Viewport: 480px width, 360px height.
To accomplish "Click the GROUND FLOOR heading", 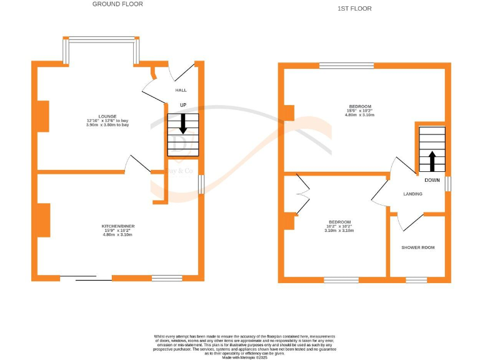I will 117,4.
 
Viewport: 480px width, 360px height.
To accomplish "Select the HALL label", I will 181,91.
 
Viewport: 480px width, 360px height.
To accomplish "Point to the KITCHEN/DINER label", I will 119,226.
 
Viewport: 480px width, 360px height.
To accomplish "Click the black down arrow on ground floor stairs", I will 183,123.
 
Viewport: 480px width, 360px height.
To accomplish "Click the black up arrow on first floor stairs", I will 432,160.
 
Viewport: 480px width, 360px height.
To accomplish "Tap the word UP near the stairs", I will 183,105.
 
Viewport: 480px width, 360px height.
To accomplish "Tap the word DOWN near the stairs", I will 432,180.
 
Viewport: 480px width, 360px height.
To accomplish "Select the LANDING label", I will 412,194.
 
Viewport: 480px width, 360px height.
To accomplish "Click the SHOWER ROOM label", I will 417,247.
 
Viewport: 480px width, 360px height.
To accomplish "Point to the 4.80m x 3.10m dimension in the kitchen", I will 119,234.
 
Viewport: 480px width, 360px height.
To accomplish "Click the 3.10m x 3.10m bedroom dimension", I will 339,231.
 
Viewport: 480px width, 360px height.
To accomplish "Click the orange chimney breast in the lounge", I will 43,116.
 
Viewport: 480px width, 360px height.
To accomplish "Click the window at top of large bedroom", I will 347,66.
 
